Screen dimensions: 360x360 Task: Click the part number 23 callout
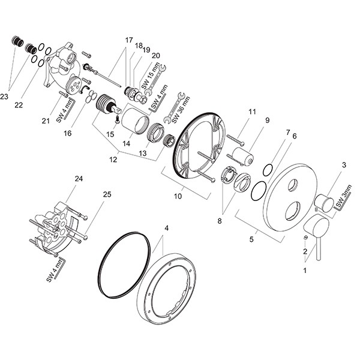pos(4,97)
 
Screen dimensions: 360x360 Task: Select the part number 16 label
pos(67,133)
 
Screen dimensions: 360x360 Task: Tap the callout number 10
pos(178,196)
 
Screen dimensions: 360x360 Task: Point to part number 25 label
pos(107,194)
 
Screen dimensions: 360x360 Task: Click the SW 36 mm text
pos(181,110)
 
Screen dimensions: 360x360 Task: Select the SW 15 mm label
pos(151,76)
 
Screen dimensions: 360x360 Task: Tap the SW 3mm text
pos(344,196)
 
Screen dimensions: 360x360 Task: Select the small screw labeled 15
pos(118,119)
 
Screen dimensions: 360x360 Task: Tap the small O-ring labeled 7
pos(268,170)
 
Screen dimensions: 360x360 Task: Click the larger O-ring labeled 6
pos(259,191)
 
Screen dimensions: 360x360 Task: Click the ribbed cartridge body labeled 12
pos(106,104)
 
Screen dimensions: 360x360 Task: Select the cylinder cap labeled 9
pos(242,157)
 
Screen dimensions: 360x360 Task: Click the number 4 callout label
pos(167,228)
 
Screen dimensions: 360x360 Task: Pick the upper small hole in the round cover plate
pos(293,185)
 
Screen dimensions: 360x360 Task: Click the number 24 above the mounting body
pos(79,178)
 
